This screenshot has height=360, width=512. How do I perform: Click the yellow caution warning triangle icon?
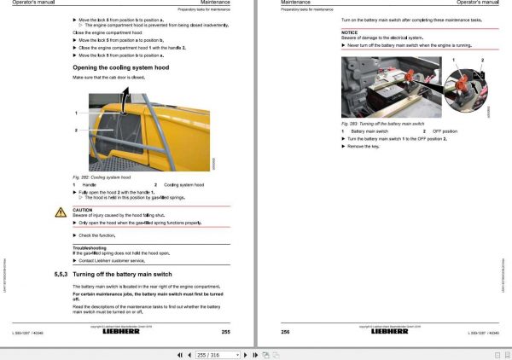tap(61, 212)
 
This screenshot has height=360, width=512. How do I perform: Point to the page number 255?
tap(225, 332)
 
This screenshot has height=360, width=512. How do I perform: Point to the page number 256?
tap(286, 332)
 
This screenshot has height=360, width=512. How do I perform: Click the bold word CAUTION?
tap(83, 209)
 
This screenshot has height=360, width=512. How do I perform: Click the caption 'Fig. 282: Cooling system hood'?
tap(102, 176)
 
